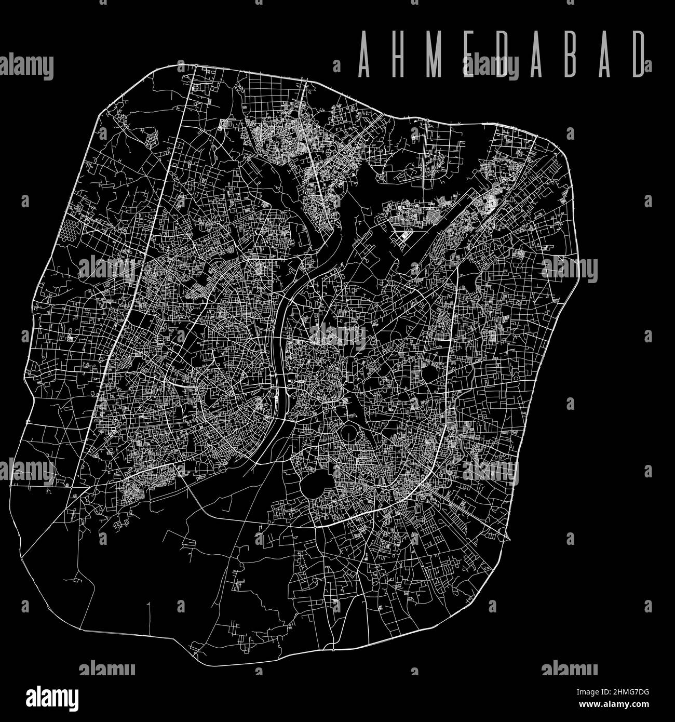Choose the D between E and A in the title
point(503,54)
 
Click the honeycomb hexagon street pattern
point(71,230)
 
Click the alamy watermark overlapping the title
point(490,66)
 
